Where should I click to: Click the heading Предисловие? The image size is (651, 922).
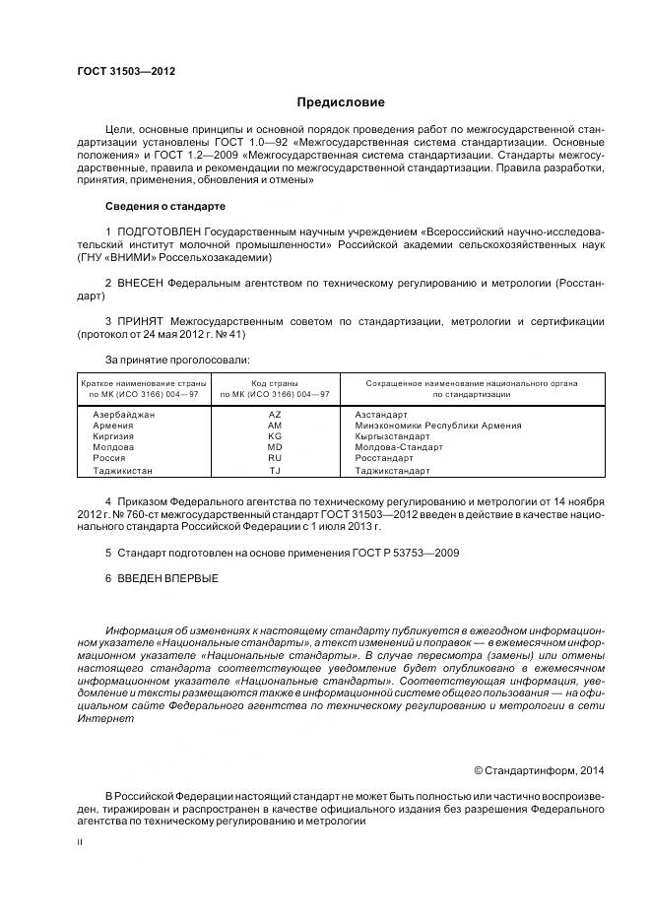tap(341, 102)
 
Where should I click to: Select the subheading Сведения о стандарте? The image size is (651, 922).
tap(164, 207)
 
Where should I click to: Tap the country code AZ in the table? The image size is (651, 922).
tap(275, 415)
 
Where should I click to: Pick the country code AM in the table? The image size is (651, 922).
tap(275, 426)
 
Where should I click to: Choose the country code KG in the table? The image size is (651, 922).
tap(275, 436)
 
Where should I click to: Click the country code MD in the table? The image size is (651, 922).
tap(275, 447)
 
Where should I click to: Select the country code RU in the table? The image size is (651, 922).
tap(275, 458)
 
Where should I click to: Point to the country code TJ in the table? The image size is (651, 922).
tap(275, 470)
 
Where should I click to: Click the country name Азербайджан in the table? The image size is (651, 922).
tap(123, 415)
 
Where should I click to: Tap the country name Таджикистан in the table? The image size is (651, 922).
tap(123, 470)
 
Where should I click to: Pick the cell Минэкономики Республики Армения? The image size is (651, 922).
tap(437, 426)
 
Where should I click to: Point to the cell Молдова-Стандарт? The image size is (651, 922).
tap(398, 447)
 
